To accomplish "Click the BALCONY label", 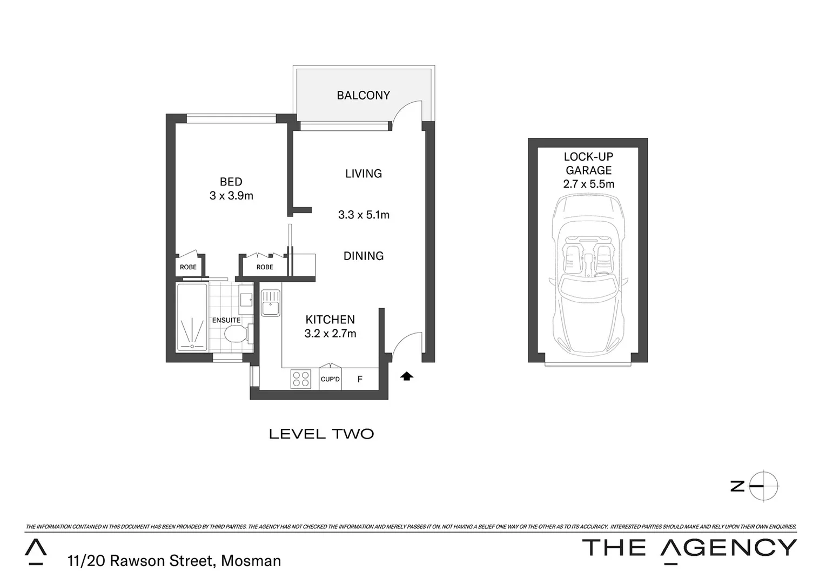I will coord(363,96).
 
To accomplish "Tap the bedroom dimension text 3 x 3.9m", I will coord(231,196).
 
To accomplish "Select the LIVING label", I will coord(364,174).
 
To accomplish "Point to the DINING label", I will coord(364,256).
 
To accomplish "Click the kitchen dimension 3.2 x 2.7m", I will coord(330,334).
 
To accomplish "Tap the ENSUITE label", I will coord(226,320).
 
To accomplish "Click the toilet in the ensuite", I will coord(236,334).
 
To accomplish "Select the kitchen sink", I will coord(270,303).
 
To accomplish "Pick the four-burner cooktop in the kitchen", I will coord(301,379).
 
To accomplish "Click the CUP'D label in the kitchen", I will coord(330,379).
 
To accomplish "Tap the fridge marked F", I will coord(360,380).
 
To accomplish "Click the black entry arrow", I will coord(407,376).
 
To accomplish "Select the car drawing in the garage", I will coord(588,276).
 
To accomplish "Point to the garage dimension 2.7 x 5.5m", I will coord(588,184).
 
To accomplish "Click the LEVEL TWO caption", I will coord(321,434).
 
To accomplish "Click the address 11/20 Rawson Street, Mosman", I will coord(174,561).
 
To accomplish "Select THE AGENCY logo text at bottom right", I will coord(689,548).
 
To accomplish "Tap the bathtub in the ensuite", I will coord(192,317).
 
